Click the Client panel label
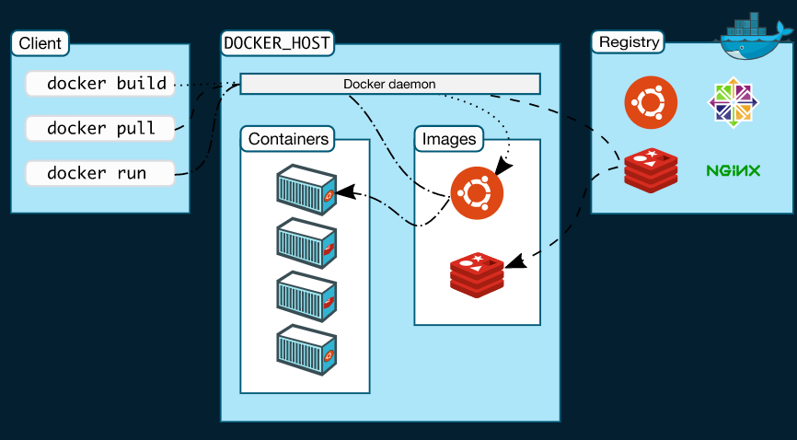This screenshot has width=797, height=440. tap(40, 43)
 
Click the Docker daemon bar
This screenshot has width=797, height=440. tap(389, 84)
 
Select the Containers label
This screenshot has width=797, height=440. tap(288, 140)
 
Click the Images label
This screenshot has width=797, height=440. tap(449, 140)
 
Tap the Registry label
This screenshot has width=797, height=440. tap(629, 42)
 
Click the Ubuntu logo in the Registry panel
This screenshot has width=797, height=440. tap(651, 102)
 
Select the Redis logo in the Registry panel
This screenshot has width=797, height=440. tap(651, 170)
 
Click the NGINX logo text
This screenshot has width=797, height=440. tap(733, 170)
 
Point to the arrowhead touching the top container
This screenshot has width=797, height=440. tap(345, 192)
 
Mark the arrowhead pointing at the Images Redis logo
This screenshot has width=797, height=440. tap(517, 262)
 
